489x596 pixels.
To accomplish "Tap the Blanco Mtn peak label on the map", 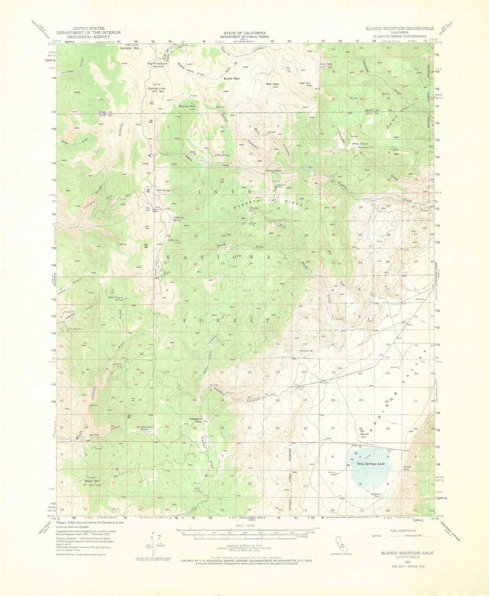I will pyautogui.click(x=187, y=106).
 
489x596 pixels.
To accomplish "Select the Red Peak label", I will pyautogui.click(x=273, y=84).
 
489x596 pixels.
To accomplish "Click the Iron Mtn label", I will pyautogui.click(x=326, y=64).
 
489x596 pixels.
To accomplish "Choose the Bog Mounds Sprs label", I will pyautogui.click(x=365, y=433).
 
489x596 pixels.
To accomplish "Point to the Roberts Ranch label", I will pyautogui.click(x=274, y=171).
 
